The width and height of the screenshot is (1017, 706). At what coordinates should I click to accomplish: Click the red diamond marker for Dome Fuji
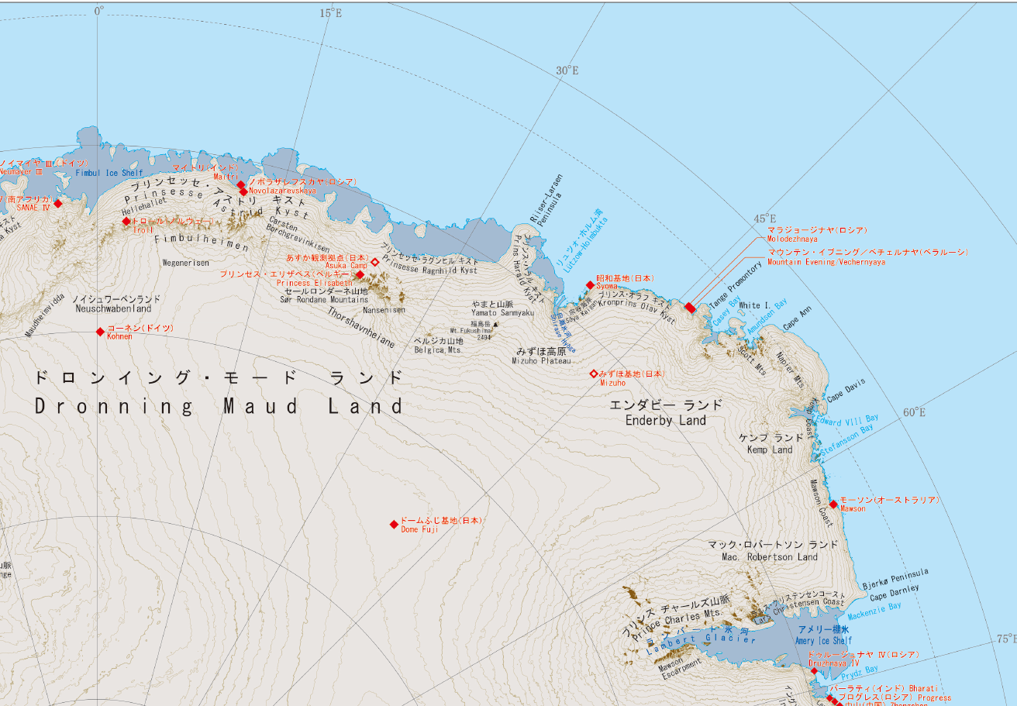(x=394, y=525)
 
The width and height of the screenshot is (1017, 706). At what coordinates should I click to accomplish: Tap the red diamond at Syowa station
(x=590, y=285)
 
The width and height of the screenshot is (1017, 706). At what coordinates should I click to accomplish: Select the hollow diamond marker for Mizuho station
(x=594, y=374)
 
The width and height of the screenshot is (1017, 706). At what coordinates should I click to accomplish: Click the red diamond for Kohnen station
(x=100, y=332)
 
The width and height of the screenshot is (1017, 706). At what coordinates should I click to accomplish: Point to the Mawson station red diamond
(x=833, y=505)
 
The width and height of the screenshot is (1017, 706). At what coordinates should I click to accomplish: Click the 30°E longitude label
(x=567, y=71)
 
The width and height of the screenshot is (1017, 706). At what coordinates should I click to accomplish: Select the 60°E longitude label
(x=914, y=412)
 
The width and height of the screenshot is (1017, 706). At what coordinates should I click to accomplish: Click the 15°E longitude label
(x=331, y=13)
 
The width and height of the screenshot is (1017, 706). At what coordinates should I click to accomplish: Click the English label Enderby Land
(x=666, y=420)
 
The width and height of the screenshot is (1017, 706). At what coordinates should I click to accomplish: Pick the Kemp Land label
(x=769, y=450)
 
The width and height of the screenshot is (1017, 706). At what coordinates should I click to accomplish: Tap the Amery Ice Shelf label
(x=823, y=641)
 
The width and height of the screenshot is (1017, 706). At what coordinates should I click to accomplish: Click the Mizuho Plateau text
(x=541, y=361)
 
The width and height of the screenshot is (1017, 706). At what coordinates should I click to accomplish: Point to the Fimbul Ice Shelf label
(x=109, y=173)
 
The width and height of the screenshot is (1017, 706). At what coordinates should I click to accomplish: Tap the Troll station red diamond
(x=126, y=222)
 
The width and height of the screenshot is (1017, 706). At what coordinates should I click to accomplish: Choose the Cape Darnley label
(x=895, y=593)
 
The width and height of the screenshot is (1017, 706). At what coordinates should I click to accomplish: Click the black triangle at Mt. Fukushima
(x=496, y=325)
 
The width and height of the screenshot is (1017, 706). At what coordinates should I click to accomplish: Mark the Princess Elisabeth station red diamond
(x=360, y=274)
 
